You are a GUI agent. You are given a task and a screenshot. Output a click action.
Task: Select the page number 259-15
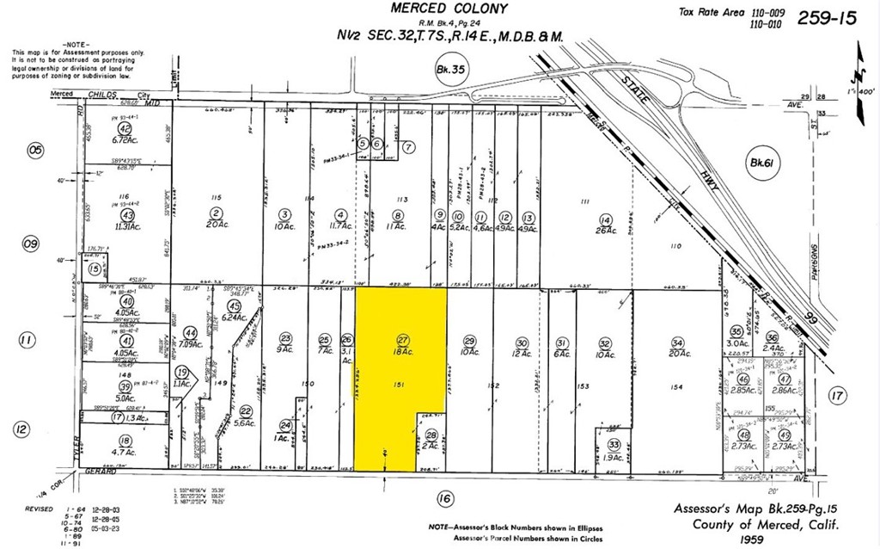(x=827, y=18)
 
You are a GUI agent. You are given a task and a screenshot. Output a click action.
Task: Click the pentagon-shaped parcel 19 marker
(x=182, y=373)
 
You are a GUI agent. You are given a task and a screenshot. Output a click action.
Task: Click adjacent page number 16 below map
(x=443, y=497)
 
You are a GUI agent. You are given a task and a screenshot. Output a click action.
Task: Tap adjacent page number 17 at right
(x=838, y=396)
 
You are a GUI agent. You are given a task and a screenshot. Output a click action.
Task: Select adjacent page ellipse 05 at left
(x=35, y=151)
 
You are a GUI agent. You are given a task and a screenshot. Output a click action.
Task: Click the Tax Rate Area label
(x=708, y=11)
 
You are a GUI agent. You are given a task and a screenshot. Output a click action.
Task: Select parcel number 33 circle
(x=613, y=444)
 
